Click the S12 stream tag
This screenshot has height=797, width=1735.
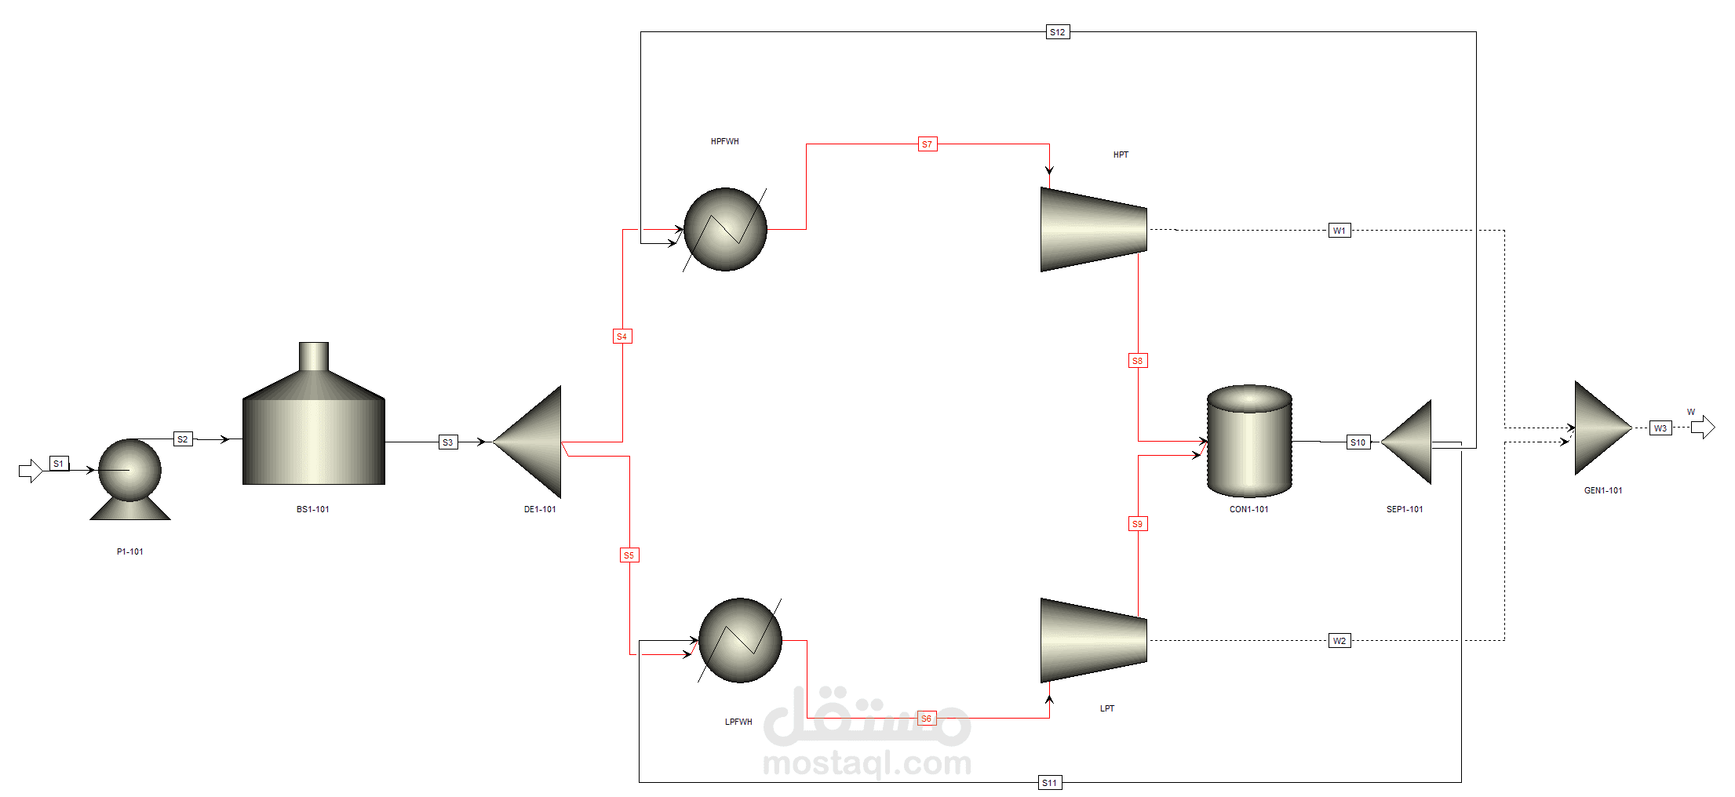tap(1058, 32)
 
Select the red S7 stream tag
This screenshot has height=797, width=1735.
tap(928, 144)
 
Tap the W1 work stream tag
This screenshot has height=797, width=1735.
tap(1340, 231)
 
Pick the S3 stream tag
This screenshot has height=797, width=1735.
tap(448, 442)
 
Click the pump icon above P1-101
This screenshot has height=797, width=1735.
tap(130, 479)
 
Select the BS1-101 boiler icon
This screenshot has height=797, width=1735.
tap(314, 413)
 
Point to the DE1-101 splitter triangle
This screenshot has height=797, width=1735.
tap(527, 442)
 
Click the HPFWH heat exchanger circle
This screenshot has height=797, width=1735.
tap(725, 229)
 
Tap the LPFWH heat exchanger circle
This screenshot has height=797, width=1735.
tap(740, 640)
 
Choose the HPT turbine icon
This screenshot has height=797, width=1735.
tap(1094, 230)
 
